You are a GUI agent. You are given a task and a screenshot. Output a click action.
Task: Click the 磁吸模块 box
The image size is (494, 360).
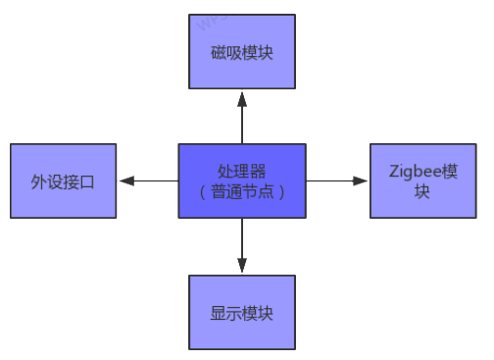click(241, 51)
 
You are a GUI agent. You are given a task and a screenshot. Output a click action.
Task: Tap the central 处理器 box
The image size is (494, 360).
click(241, 180)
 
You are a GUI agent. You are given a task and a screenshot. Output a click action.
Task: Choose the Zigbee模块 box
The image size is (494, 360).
click(421, 181)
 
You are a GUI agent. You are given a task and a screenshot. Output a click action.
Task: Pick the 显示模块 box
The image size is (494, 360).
click(241, 313)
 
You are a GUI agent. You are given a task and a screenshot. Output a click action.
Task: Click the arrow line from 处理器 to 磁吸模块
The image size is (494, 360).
click(241, 118)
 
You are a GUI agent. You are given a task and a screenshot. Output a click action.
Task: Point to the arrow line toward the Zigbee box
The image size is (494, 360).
click(333, 181)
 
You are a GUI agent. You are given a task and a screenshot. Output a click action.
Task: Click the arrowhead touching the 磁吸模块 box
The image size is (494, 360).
click(241, 94)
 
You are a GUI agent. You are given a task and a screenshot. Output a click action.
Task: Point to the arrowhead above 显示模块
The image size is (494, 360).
click(241, 267)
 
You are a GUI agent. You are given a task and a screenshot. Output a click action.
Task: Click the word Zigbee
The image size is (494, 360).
click(409, 173)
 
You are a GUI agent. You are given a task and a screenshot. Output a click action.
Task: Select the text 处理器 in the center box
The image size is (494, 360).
click(241, 172)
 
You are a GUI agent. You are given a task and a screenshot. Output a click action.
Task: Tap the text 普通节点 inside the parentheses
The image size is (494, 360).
click(241, 191)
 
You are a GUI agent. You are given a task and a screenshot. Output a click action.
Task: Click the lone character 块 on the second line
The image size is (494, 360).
click(421, 192)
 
